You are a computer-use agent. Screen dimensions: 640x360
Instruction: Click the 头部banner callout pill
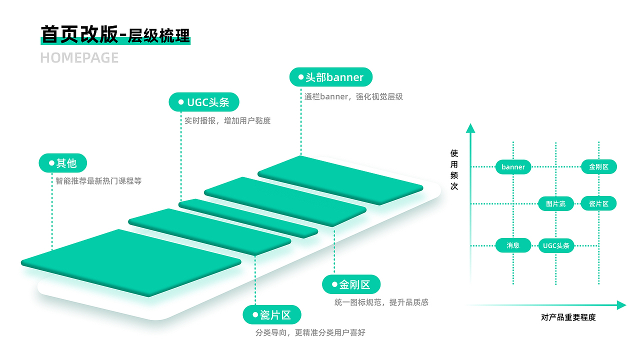pos(331,77)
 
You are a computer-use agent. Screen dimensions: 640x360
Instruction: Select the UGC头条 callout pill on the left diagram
pos(204,102)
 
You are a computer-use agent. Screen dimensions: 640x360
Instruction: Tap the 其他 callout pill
pos(63,163)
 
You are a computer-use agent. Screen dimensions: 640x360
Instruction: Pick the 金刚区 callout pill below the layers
pos(351,284)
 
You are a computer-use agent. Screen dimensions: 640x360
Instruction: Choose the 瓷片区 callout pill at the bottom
pos(272,315)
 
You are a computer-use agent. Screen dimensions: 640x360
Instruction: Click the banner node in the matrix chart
pos(513,167)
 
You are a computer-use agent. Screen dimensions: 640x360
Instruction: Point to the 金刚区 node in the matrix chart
pos(598,167)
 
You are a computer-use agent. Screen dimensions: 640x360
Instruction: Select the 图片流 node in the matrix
pos(555,203)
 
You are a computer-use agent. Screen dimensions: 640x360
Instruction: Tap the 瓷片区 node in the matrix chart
pos(598,203)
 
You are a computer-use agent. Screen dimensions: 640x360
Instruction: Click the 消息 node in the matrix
pos(513,245)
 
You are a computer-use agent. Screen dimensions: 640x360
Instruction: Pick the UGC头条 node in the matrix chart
pos(556,245)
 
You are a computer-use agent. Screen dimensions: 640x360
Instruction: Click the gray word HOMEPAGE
pos(79,58)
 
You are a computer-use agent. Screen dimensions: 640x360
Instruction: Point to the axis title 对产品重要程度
pos(568,317)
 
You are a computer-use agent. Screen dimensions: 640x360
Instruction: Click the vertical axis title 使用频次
pos(454,169)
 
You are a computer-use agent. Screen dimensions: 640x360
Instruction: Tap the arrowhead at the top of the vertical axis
pos(470,128)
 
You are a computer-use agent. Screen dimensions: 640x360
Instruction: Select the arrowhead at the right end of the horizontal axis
pos(621,305)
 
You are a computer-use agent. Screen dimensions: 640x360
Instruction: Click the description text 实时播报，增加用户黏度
pos(227,120)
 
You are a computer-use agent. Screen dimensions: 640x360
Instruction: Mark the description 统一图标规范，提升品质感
pos(381,302)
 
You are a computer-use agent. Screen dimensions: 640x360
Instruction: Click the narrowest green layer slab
pos(248,218)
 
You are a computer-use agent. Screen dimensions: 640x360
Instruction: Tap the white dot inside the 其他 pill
pos(51,163)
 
